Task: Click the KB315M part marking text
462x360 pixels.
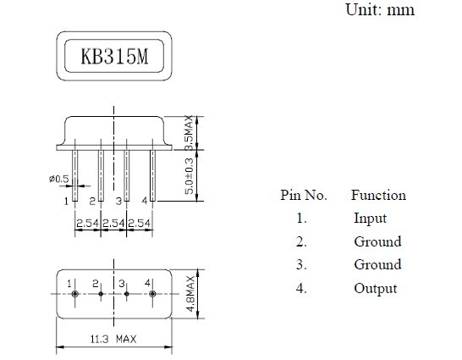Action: click(x=114, y=56)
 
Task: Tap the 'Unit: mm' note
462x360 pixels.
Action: click(x=380, y=9)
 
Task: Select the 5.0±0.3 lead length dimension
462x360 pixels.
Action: click(x=189, y=176)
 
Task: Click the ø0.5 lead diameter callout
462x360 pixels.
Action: click(x=58, y=179)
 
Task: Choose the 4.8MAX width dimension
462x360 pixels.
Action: click(x=190, y=294)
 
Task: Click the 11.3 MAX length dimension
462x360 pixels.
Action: click(x=113, y=339)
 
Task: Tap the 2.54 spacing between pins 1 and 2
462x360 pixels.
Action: click(x=87, y=223)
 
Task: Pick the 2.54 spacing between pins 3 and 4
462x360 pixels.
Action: click(x=140, y=223)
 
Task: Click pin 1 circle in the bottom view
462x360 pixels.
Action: click(x=74, y=294)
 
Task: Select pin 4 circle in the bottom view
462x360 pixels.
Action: click(x=152, y=294)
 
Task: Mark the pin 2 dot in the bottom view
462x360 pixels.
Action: click(x=101, y=294)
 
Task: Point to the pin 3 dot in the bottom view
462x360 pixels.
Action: click(x=127, y=294)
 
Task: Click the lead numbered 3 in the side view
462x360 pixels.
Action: click(x=127, y=175)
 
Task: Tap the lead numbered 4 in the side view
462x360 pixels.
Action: click(x=152, y=175)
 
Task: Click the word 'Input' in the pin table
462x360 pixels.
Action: click(x=370, y=219)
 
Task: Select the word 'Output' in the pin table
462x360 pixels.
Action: click(x=376, y=288)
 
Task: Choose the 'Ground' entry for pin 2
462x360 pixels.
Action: click(x=377, y=241)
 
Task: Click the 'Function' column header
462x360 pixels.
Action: click(x=378, y=195)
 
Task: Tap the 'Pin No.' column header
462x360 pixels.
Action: click(x=304, y=195)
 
